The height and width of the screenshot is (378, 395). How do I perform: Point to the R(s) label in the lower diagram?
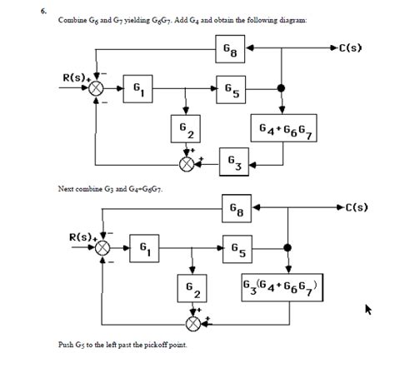pos(83,237)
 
